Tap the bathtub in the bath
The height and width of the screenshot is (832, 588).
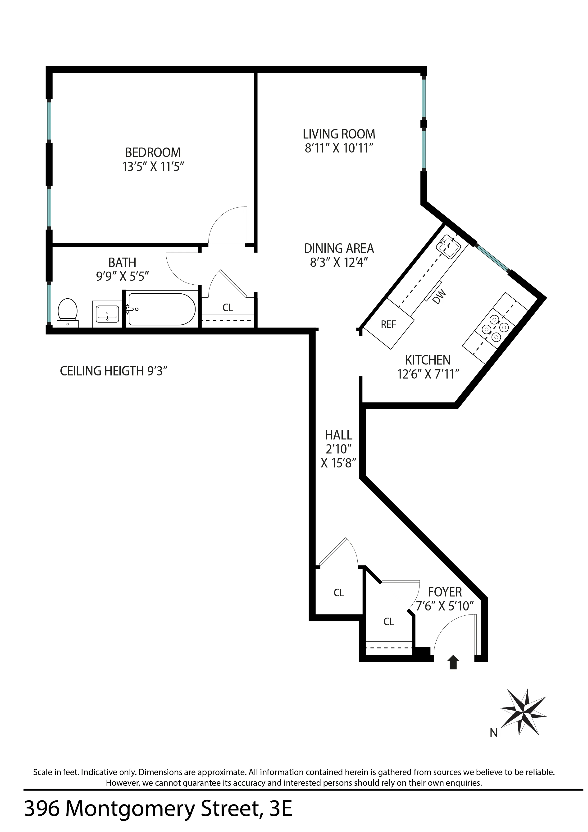[x=162, y=309]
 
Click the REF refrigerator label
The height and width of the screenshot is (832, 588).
[x=388, y=324]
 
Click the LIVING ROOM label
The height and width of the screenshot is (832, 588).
[x=339, y=134]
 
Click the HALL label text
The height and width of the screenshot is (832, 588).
[x=338, y=435]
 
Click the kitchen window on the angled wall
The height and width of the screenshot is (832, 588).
[x=492, y=258]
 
